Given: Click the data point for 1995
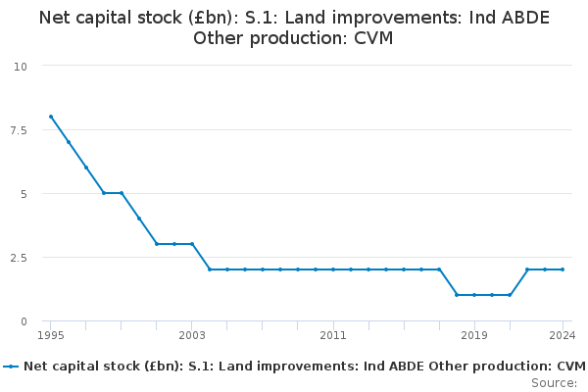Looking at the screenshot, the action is coord(51,117).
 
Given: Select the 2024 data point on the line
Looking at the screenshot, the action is coord(563,269).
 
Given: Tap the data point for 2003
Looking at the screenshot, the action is coord(192,244).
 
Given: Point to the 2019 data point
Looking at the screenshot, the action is coord(474,295).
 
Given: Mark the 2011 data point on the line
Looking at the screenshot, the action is coord(333,269).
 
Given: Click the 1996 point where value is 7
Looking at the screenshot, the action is coord(69,142).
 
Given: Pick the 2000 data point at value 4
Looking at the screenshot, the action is coord(139,219).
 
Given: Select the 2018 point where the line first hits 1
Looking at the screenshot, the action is coord(457,295).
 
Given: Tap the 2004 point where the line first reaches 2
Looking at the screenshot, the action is coord(210,269).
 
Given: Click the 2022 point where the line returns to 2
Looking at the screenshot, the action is coord(527,269).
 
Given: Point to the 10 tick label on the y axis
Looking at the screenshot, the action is coord(21,67).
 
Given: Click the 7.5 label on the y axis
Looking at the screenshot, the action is coord(19,130).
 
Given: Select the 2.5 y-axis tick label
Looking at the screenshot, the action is coord(19,258).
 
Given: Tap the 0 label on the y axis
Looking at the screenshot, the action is coord(24,321).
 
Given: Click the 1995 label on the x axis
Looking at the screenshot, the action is coord(51,335).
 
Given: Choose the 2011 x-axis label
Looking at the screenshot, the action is coord(333,335).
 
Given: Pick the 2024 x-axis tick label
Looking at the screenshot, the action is coord(563,335).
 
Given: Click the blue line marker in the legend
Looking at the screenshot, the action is coord(11,367).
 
